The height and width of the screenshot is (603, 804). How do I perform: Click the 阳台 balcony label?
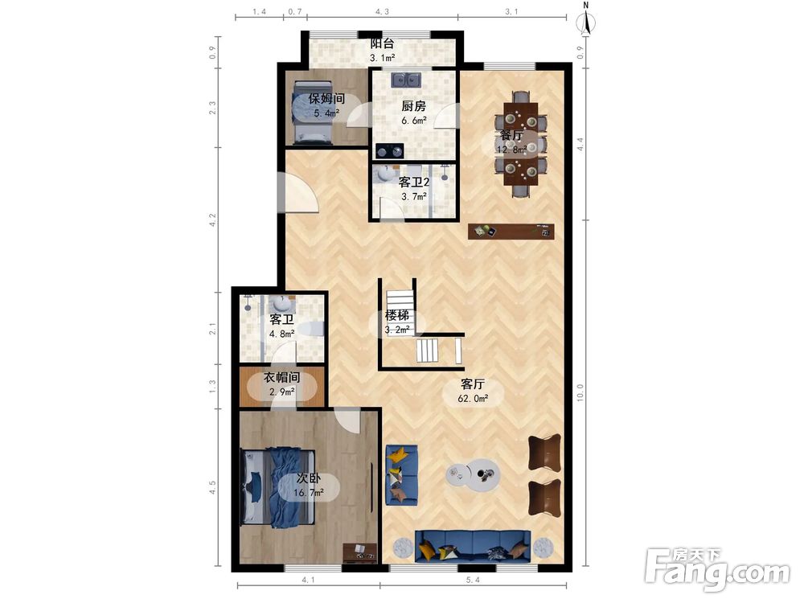[x=382, y=43]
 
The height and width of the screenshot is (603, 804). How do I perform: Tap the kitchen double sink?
[x=406, y=80]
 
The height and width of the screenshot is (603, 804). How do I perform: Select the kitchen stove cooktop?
[x=390, y=151]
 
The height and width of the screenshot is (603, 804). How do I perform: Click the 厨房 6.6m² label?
[x=413, y=113]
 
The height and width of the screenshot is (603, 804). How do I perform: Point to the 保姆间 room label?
[x=326, y=98]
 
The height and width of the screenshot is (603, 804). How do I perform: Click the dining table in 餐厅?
[x=521, y=144]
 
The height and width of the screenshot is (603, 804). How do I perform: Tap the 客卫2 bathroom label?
[x=414, y=182]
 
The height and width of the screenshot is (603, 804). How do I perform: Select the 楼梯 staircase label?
[x=397, y=315]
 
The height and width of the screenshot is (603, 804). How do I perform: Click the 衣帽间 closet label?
[x=281, y=378]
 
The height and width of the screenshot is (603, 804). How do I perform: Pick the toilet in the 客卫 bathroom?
[x=312, y=329]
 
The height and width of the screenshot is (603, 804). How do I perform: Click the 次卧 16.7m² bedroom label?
[x=309, y=485]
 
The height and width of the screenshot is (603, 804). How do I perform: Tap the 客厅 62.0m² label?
[x=473, y=391]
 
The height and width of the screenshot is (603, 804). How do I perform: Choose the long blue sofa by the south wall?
[x=473, y=545]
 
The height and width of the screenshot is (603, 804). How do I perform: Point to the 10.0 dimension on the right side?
[x=580, y=393]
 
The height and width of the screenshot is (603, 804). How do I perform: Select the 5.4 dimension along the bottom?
[x=473, y=580]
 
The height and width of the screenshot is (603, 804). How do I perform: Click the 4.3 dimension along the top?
[x=382, y=11]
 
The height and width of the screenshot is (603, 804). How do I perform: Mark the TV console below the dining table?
[x=511, y=232]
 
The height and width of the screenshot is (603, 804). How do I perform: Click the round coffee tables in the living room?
[x=473, y=475]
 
